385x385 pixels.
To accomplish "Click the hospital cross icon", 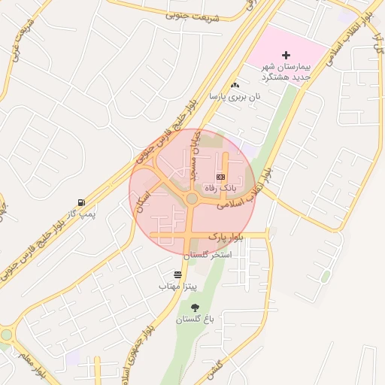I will tap(286, 55).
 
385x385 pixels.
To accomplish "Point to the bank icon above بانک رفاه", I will tap(221, 176).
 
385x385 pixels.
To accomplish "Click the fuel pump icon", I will tap(80, 203).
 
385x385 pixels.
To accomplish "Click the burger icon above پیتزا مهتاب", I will tap(177, 275).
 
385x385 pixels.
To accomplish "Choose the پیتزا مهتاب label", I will tap(177, 286).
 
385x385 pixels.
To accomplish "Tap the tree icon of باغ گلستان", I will tap(196, 308).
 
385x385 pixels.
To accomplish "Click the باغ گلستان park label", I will tap(196, 319).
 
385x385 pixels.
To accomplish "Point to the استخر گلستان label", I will tap(210, 256).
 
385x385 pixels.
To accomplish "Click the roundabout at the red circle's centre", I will tap(192, 199).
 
